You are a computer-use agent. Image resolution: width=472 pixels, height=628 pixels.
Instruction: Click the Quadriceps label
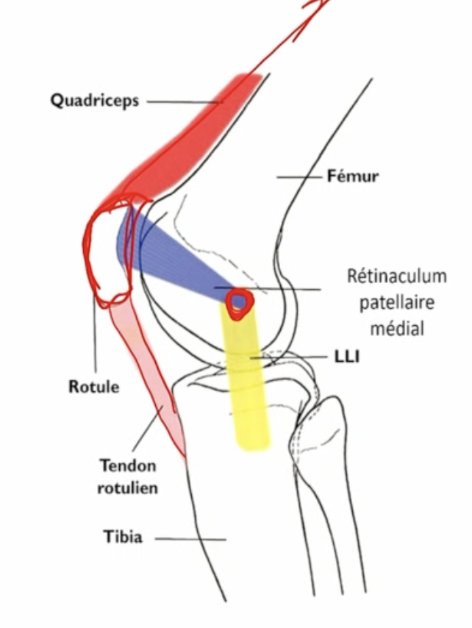95,101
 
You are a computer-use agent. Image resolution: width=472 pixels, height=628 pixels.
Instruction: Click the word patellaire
397,302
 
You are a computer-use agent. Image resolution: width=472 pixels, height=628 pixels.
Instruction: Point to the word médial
397,328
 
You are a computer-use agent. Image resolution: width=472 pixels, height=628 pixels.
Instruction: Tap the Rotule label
93,386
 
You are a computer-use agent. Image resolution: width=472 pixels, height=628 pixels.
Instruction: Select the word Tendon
127,465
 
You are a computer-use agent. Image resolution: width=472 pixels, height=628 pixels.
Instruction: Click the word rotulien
127,487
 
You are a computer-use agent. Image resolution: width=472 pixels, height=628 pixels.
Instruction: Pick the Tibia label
122,537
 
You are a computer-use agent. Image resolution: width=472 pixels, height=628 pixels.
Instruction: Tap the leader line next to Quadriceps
184,102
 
